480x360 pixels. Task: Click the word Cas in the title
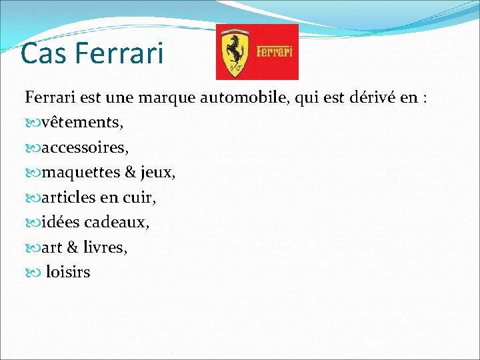(x=43, y=54)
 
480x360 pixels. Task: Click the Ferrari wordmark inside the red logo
(x=274, y=51)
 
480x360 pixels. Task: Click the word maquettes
(x=80, y=173)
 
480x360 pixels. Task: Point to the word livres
(x=105, y=247)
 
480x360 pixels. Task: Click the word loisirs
(x=68, y=272)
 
